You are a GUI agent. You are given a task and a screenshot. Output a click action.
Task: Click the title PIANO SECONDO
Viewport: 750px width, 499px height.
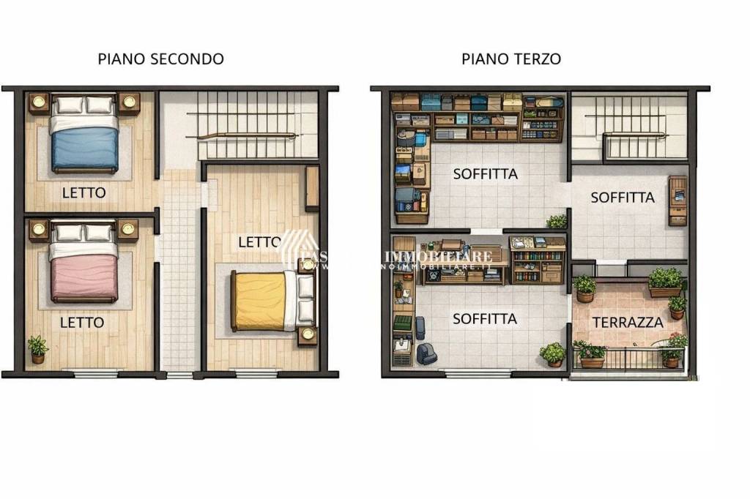click(x=160, y=59)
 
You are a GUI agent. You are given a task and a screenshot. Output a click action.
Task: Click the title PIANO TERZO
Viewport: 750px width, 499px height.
click(x=511, y=59)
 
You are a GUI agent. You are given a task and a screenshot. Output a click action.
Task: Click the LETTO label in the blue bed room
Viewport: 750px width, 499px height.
click(x=83, y=193)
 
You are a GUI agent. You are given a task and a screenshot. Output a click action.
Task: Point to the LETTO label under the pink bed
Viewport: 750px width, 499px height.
click(x=82, y=322)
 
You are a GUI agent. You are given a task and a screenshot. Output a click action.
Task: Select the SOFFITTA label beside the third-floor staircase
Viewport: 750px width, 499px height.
click(x=623, y=198)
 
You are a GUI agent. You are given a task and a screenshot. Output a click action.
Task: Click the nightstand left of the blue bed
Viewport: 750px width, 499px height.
click(x=39, y=103)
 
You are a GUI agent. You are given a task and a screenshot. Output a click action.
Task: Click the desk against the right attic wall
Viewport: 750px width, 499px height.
click(x=677, y=200)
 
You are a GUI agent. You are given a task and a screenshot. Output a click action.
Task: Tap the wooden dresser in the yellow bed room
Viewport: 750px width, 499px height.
click(x=312, y=188)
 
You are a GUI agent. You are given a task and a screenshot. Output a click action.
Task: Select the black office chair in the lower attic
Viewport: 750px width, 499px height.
click(x=426, y=354)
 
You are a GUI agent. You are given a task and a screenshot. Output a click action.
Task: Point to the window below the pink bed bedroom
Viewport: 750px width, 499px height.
click(x=96, y=374)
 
